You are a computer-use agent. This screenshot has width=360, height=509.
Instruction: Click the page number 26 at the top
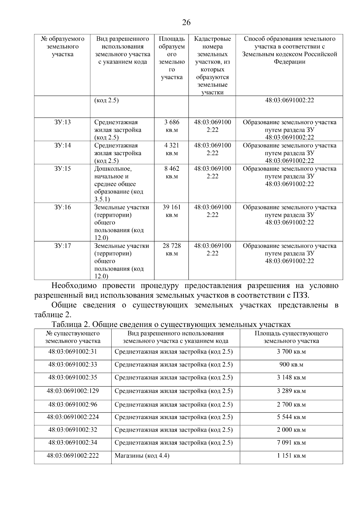point(186,22)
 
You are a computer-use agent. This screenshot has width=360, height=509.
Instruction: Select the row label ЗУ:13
point(62,122)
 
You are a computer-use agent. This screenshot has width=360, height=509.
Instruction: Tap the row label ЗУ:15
point(62,169)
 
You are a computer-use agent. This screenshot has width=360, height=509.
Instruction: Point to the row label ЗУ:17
point(62,246)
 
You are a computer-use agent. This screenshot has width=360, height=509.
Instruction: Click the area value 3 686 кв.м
point(172,126)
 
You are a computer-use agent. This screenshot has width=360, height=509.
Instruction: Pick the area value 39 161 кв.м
point(172,211)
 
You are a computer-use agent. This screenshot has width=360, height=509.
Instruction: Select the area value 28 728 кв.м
point(172,250)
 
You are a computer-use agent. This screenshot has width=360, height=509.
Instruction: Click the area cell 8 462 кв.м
point(172,172)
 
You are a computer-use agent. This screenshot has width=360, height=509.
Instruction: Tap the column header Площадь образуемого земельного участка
point(172,58)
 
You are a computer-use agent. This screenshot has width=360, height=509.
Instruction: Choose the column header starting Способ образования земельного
point(289,50)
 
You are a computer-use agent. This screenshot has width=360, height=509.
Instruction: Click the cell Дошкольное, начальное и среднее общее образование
point(118,184)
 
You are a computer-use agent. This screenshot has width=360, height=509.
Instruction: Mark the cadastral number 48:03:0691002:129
point(73,391)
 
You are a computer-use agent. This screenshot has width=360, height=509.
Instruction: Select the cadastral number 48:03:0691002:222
point(73,456)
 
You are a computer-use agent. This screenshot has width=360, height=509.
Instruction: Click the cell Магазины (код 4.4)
point(142,456)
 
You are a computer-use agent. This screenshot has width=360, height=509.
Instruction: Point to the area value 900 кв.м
point(291,365)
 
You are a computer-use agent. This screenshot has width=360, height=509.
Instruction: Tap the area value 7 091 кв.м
point(291,443)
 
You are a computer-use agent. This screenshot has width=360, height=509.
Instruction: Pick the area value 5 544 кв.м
point(291,417)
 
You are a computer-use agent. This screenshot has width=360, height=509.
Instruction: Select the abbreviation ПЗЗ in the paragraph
point(300,295)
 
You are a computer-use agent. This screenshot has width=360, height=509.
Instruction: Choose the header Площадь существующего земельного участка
point(291,337)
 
